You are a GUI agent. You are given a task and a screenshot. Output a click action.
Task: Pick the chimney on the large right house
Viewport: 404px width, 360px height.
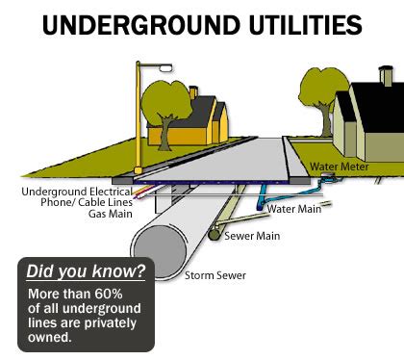point(385,74)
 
